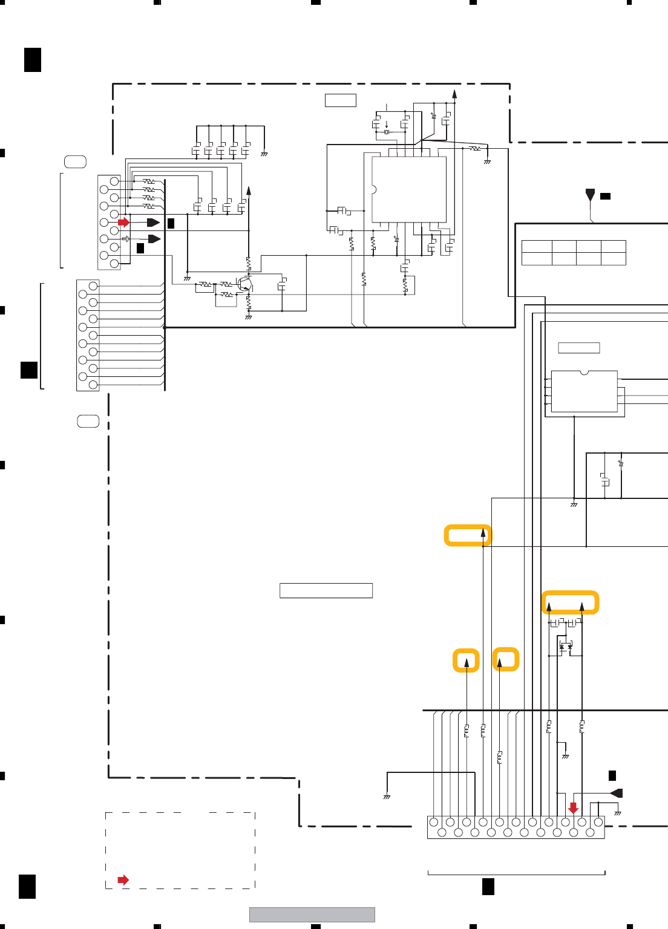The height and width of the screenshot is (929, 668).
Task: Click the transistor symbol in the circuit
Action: pyautogui.click(x=244, y=284)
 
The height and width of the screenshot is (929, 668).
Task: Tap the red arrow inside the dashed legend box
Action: pyautogui.click(x=123, y=880)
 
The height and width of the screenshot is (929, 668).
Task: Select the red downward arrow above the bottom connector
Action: pyautogui.click(x=573, y=808)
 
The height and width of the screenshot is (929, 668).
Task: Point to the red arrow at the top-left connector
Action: pyautogui.click(x=123, y=223)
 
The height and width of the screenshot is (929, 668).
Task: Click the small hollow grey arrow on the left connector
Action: pyautogui.click(x=126, y=239)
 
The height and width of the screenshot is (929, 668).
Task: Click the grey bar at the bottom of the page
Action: pyautogui.click(x=312, y=914)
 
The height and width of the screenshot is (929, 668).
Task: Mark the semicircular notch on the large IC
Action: pyautogui.click(x=373, y=189)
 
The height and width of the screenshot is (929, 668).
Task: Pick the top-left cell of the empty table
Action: pyautogui.click(x=537, y=246)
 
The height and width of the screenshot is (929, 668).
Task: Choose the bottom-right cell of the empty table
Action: pyautogui.click(x=613, y=259)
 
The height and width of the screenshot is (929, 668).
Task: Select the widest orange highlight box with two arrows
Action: pyautogui.click(x=570, y=602)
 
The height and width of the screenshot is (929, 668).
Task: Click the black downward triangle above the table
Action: pyautogui.click(x=590, y=195)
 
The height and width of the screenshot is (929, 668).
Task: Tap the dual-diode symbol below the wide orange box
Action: pyautogui.click(x=566, y=647)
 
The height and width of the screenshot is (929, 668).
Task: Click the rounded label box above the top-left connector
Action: pyautogui.click(x=75, y=161)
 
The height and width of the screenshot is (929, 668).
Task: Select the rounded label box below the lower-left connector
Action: pyautogui.click(x=88, y=421)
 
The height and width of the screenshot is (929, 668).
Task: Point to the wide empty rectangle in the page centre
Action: pyautogui.click(x=326, y=590)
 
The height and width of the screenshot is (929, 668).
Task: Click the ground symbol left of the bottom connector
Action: pyautogui.click(x=387, y=797)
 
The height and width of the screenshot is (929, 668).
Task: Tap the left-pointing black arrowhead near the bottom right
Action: pyautogui.click(x=617, y=793)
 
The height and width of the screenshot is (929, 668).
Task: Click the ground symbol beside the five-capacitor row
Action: pyautogui.click(x=264, y=154)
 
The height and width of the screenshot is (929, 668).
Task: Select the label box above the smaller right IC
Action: pyautogui.click(x=578, y=348)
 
